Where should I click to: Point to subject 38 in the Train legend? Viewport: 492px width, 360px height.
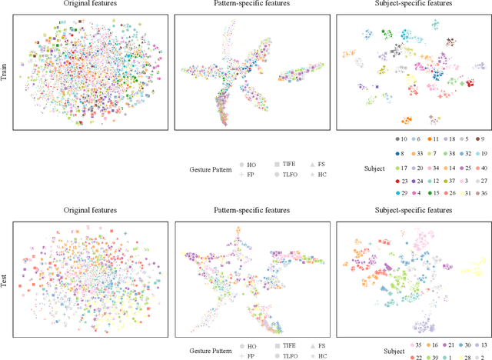440,153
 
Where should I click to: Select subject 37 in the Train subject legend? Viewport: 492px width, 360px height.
440,180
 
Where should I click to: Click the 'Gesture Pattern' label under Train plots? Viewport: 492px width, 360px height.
211,169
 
